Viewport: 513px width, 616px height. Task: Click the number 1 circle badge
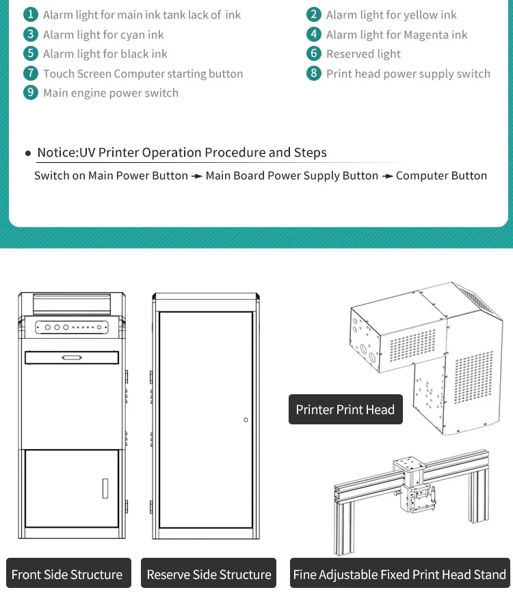click(x=30, y=14)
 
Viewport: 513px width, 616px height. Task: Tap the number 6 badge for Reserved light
click(x=314, y=53)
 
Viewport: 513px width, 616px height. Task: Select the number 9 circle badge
click(x=30, y=92)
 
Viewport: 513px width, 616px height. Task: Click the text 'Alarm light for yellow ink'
click(x=391, y=14)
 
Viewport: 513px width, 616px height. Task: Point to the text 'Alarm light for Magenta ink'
click(x=397, y=34)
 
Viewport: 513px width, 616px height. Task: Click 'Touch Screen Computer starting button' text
click(x=143, y=73)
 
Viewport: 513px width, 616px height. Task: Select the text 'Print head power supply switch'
click(x=408, y=73)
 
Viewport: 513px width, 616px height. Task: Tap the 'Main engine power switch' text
click(x=111, y=92)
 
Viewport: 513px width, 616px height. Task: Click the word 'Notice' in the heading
click(x=57, y=153)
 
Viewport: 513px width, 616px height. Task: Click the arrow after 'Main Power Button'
click(x=197, y=177)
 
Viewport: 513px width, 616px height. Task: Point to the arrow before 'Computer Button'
click(x=387, y=177)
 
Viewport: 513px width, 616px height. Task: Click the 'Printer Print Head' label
click(x=345, y=410)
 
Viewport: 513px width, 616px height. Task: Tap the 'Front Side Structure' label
click(x=67, y=575)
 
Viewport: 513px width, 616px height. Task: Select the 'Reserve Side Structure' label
click(x=209, y=575)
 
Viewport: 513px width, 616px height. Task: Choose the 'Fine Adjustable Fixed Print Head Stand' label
click(x=400, y=575)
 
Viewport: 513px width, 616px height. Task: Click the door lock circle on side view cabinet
click(x=246, y=420)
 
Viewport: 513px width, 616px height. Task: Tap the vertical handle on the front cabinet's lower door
click(x=105, y=487)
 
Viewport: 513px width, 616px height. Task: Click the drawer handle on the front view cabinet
click(x=71, y=357)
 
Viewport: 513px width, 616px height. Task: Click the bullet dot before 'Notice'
click(x=28, y=153)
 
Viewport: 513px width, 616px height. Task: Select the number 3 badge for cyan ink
click(x=30, y=34)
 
